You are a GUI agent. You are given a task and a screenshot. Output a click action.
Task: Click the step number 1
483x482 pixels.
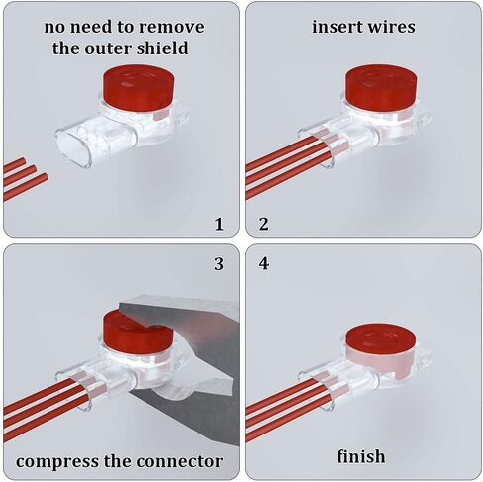(219, 224)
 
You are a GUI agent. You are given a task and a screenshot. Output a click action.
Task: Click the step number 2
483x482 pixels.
(263, 224)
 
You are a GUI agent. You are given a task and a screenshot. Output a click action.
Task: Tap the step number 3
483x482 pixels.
(219, 264)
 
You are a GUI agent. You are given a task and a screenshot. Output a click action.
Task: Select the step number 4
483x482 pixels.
(264, 263)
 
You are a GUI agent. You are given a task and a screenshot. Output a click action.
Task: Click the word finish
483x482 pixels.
(361, 456)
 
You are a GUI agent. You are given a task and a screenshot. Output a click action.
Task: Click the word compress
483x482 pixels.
(57, 461)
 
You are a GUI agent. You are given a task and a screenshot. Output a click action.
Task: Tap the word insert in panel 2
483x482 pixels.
(336, 27)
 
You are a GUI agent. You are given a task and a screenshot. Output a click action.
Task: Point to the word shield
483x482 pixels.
(162, 48)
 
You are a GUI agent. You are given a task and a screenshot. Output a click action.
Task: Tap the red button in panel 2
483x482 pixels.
(381, 86)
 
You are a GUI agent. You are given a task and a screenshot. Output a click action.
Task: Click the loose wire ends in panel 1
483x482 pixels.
(25, 178)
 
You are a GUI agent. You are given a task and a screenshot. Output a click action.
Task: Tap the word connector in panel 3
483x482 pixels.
(179, 461)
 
